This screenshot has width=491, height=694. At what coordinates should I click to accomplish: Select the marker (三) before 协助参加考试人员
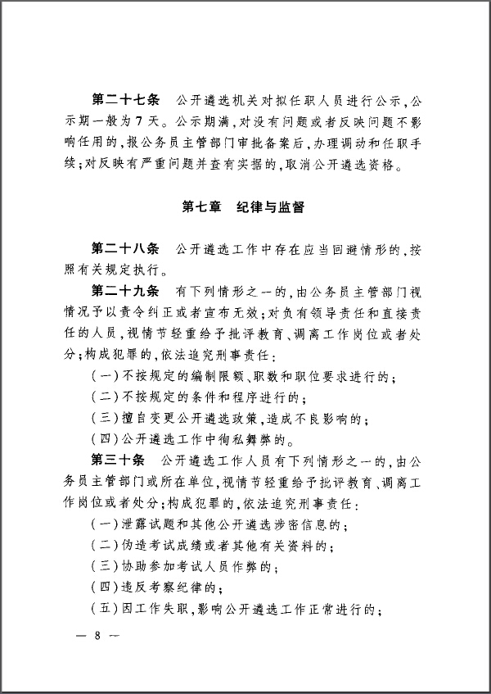(106, 568)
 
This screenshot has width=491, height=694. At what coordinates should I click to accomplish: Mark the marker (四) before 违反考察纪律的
(106, 589)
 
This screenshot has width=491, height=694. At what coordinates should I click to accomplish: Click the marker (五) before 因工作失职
(106, 610)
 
